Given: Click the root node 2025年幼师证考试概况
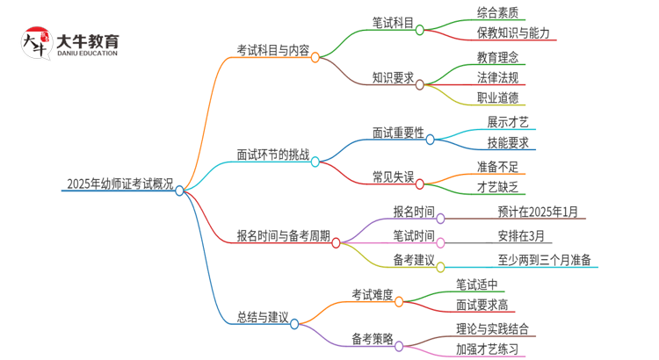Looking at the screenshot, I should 119,184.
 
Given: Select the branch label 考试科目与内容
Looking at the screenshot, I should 272,51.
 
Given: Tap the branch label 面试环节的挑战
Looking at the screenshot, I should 272,155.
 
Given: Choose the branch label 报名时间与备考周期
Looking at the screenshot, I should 284,235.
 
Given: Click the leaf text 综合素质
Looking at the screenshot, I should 498,13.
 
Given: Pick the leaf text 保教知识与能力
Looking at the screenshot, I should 514,33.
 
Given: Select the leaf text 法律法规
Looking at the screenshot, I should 498,77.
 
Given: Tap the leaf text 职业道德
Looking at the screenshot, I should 498,97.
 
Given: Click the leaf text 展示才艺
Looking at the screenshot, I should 508,121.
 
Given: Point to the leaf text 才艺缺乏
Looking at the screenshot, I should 498,186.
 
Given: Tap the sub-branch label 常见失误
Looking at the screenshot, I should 393,176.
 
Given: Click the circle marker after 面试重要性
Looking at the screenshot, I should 431,139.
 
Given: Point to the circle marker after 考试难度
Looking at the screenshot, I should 399,301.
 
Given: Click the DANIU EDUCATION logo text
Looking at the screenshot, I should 86,54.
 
